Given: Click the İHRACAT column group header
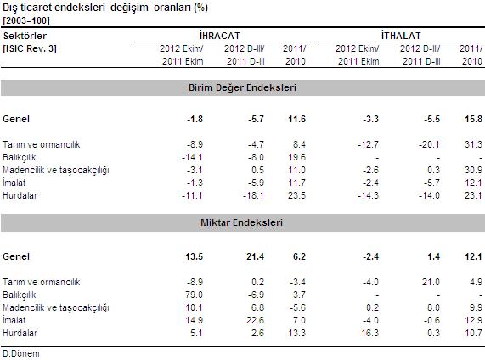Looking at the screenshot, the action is pyautogui.click(x=220, y=36).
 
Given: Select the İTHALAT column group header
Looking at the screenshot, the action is pyautogui.click(x=401, y=36).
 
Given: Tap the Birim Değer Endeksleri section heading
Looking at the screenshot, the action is pyautogui.click(x=242, y=87).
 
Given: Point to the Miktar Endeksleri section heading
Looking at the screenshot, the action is pyautogui.click(x=241, y=222).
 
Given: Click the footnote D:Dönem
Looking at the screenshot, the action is pyautogui.click(x=21, y=353).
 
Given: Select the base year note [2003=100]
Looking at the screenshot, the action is pyautogui.click(x=26, y=20).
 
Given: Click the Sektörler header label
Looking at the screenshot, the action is pyautogui.click(x=25, y=36).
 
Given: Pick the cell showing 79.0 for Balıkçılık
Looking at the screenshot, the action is pyautogui.click(x=194, y=295).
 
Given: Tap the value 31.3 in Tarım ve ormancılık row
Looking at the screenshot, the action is pyautogui.click(x=473, y=144).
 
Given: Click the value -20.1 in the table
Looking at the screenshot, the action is pyautogui.click(x=429, y=144).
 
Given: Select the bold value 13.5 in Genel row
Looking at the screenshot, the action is pyautogui.click(x=195, y=256).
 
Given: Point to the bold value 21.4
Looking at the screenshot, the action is pyautogui.click(x=255, y=256).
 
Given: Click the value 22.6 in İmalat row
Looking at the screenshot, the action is pyautogui.click(x=255, y=320).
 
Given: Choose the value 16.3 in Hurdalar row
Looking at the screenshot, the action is pyautogui.click(x=370, y=333).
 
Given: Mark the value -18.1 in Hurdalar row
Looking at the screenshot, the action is pyautogui.click(x=253, y=195).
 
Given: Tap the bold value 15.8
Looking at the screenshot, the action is pyautogui.click(x=473, y=119).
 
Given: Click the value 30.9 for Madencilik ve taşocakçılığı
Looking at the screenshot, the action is pyautogui.click(x=473, y=170).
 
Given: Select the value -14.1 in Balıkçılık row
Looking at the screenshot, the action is pyautogui.click(x=192, y=157).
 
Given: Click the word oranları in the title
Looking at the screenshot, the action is pyautogui.click(x=172, y=8).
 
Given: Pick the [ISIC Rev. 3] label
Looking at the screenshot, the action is pyautogui.click(x=30, y=48).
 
